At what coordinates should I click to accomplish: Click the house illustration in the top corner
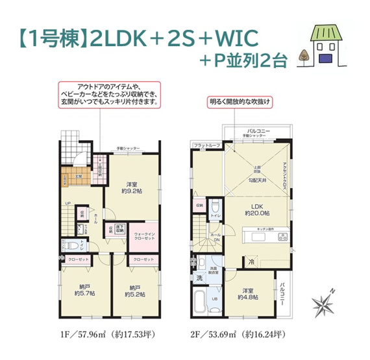tap(323, 45)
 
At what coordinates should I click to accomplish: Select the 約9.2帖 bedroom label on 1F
tap(131, 187)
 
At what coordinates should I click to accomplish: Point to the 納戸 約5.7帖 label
tap(85, 290)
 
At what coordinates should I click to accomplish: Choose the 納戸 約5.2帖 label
tap(135, 290)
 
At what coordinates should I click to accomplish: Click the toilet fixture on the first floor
tap(73, 246)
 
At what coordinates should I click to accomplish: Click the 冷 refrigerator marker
tap(251, 261)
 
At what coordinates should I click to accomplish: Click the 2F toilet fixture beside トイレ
tap(214, 208)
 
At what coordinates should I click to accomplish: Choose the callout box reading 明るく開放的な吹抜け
tap(240, 102)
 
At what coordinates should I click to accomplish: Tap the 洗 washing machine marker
tap(199, 278)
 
